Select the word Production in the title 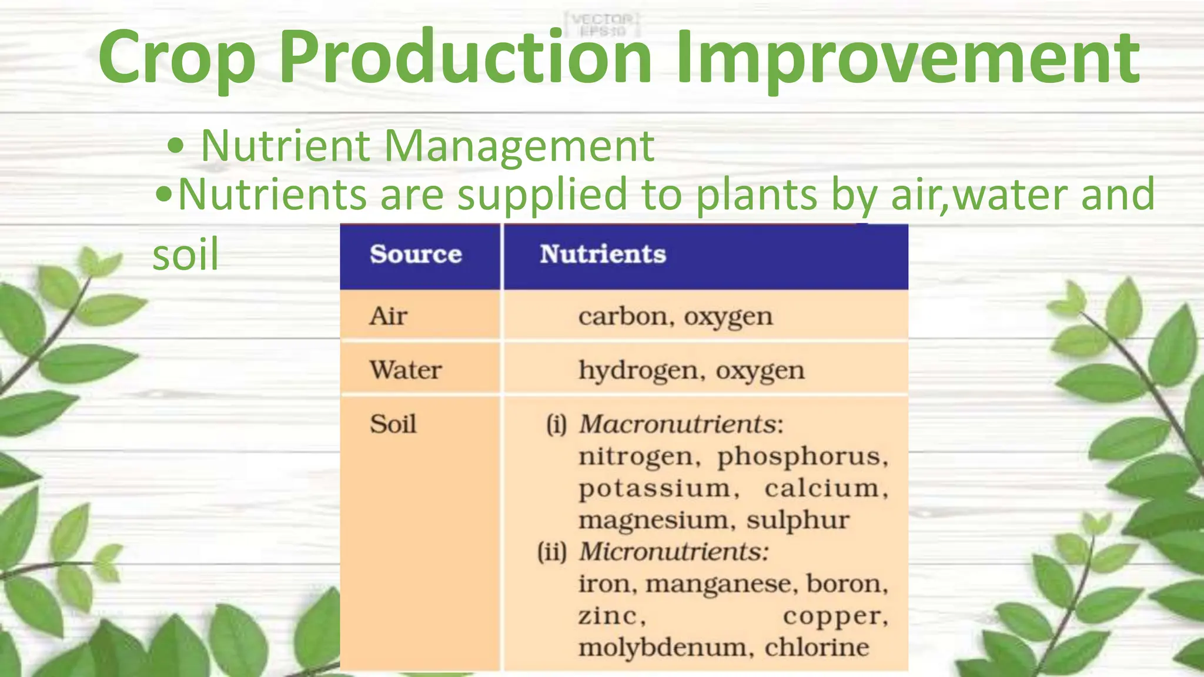point(465,58)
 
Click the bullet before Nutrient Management point(175,146)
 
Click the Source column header point(416,254)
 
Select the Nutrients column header point(603,254)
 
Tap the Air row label point(388,316)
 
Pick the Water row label point(406,370)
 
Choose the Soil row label point(393,424)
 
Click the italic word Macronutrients point(681,424)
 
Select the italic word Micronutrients point(674,551)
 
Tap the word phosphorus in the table point(802,457)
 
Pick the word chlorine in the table point(817,647)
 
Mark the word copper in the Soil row point(835,615)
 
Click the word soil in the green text point(185,254)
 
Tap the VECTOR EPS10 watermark point(602,25)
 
